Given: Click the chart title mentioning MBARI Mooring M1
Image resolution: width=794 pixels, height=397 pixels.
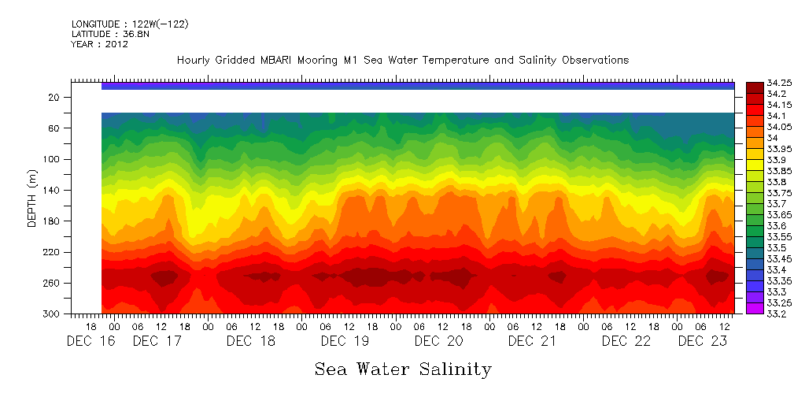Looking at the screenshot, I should [402, 61].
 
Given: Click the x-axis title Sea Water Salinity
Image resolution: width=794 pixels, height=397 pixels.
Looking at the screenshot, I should [403, 369].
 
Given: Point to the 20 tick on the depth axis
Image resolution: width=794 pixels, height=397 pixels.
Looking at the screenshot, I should [54, 98].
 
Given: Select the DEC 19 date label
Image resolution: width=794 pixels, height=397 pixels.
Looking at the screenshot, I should [345, 341].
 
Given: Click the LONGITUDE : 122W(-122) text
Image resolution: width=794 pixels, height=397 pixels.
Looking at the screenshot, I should [130, 24].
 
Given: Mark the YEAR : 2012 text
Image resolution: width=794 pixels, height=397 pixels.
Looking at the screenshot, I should [99, 45].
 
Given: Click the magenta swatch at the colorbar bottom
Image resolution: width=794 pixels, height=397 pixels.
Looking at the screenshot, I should [754, 308].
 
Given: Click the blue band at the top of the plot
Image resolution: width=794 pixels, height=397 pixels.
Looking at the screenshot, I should [417, 86].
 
